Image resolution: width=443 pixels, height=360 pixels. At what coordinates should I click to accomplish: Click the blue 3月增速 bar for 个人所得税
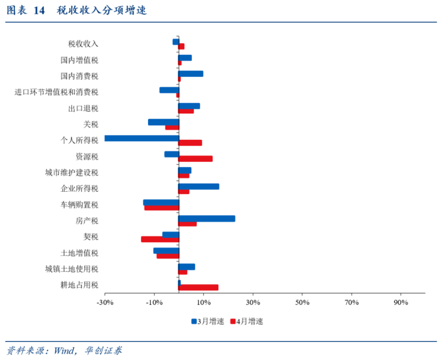tap(142, 138)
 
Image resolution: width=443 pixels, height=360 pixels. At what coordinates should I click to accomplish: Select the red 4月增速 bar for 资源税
tap(196, 159)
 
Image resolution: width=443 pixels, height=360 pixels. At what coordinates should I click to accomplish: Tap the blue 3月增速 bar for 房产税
tap(207, 218)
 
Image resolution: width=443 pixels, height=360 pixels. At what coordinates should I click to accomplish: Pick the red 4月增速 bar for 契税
tap(160, 239)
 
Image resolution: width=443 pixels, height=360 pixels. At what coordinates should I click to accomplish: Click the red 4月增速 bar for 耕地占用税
tap(198, 287)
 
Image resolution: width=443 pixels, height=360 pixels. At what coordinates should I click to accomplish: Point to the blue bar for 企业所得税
tap(199, 186)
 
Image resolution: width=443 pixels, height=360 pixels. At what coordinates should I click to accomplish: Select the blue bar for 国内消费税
tap(191, 74)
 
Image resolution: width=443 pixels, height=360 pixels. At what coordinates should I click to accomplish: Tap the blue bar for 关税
tap(163, 122)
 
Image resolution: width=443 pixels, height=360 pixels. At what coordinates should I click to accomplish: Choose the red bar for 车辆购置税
tap(162, 207)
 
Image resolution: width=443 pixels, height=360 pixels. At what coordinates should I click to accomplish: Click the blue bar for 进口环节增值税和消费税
tap(169, 90)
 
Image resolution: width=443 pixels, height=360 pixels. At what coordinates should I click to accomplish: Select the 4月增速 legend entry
tap(246, 322)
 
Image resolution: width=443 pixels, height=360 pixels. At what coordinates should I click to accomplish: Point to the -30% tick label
tap(105, 303)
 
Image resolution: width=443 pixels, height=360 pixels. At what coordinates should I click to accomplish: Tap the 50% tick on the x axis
tap(302, 303)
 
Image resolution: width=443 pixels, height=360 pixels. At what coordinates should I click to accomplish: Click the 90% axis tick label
tap(401, 303)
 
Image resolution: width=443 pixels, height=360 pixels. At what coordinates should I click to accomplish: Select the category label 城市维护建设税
tap(72, 173)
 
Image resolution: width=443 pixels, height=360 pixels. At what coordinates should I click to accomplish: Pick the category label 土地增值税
tap(79, 253)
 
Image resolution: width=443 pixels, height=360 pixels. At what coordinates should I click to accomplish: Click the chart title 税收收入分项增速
tap(102, 10)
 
